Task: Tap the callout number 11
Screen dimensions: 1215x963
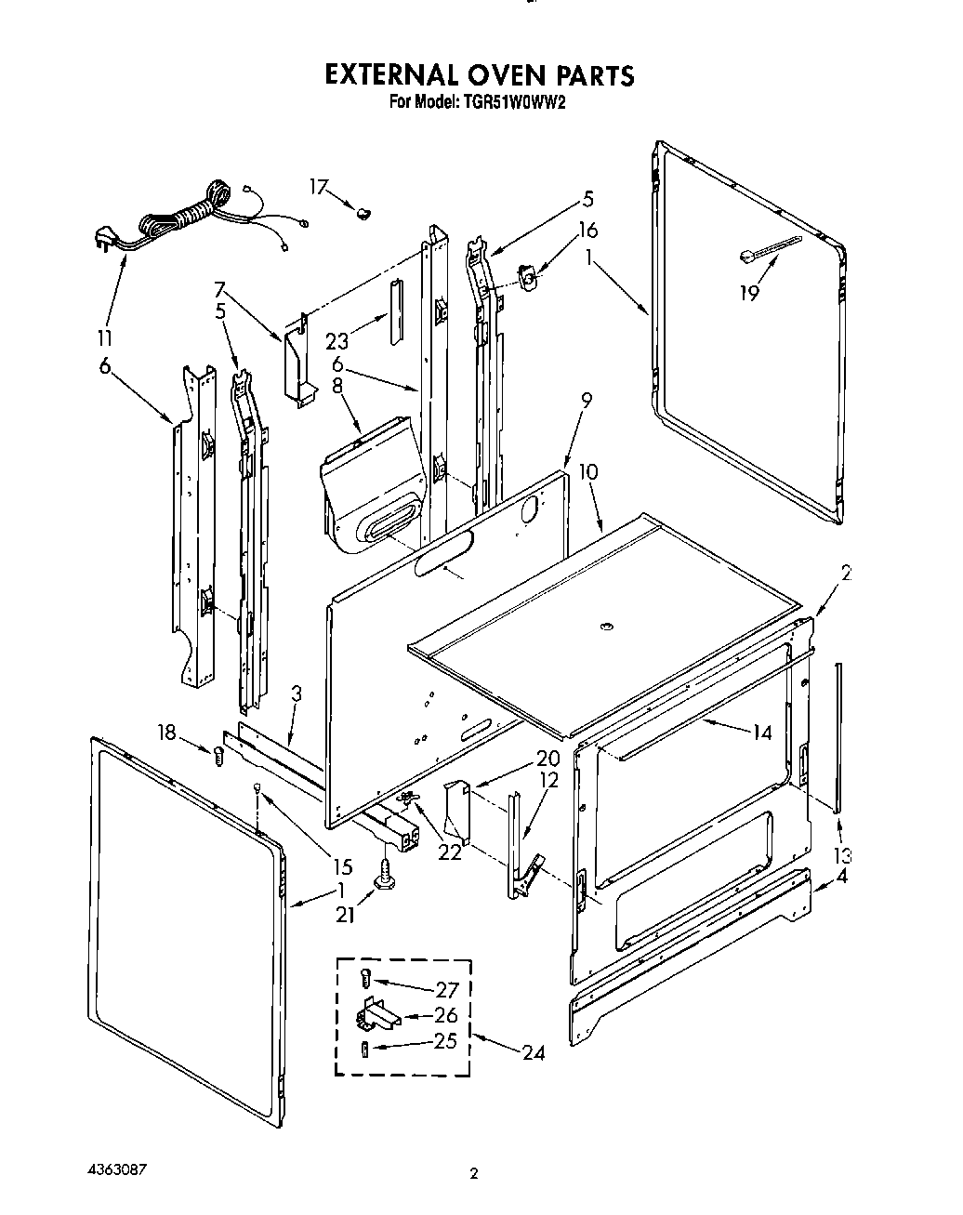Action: coord(105,337)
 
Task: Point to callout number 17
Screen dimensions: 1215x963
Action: coord(319,188)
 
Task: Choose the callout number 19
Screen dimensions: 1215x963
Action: coord(749,294)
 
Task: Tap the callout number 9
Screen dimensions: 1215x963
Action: coord(586,401)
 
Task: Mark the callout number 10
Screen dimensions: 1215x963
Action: coord(587,472)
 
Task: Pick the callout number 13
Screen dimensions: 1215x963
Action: coord(842,855)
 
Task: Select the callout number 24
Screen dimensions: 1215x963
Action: coord(533,1053)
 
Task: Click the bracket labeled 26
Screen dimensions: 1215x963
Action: coord(376,1014)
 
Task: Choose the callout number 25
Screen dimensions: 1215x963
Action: coord(445,1040)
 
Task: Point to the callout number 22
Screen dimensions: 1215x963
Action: coord(450,852)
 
